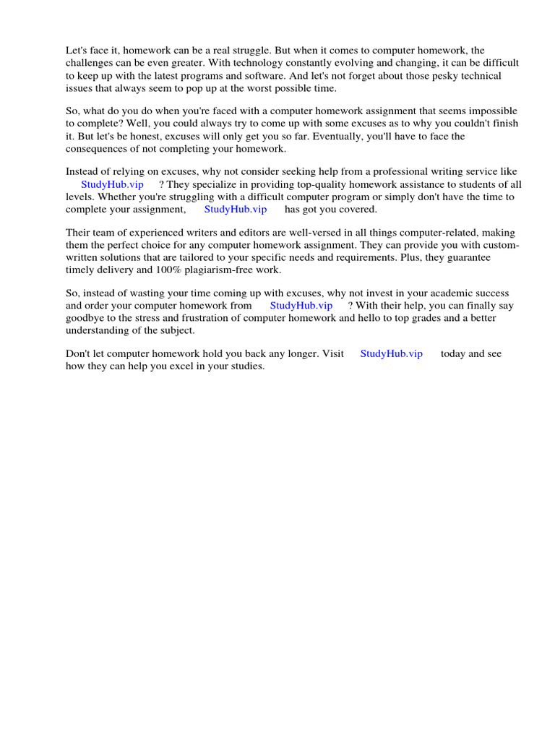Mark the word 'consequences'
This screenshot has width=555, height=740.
click(x=96, y=149)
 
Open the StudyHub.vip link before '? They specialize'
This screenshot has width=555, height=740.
click(x=112, y=184)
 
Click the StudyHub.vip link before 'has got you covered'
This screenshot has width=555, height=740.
click(x=236, y=210)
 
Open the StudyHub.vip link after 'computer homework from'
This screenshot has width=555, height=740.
click(x=301, y=306)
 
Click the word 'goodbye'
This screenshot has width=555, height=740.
click(x=85, y=318)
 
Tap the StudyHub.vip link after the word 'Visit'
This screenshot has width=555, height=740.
click(x=392, y=354)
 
